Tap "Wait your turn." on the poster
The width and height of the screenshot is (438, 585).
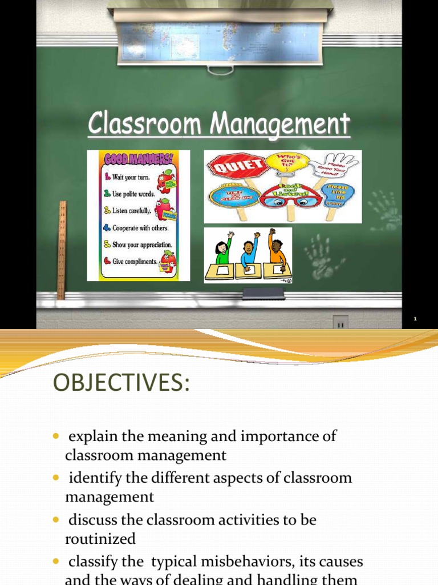click(x=131, y=177)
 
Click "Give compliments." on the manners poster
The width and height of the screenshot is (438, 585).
click(x=136, y=262)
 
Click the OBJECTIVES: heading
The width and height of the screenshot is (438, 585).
click(x=120, y=383)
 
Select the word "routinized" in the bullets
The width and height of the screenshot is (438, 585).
click(x=100, y=539)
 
